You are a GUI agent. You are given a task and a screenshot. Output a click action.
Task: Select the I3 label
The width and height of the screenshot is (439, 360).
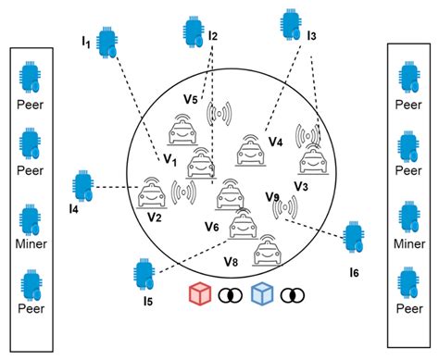pyautogui.click(x=311, y=36)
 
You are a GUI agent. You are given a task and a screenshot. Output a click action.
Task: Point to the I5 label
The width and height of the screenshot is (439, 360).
pyautogui.click(x=148, y=301)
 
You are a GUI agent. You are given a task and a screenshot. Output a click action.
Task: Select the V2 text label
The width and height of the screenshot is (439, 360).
pyautogui.click(x=154, y=217)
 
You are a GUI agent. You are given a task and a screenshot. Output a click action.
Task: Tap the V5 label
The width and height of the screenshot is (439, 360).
pyautogui.click(x=191, y=98)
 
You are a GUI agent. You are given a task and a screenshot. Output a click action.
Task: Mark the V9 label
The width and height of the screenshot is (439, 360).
pyautogui.click(x=272, y=196)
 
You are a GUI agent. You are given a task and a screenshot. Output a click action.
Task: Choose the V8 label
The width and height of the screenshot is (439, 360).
pyautogui.click(x=230, y=262)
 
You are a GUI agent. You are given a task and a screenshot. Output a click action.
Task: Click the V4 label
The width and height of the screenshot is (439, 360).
pyautogui.click(x=275, y=142)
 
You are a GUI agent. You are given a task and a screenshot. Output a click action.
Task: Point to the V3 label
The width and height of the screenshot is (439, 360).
pyautogui.click(x=300, y=185)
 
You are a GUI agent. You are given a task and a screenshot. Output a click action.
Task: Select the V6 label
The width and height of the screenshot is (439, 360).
pyautogui.click(x=211, y=227)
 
